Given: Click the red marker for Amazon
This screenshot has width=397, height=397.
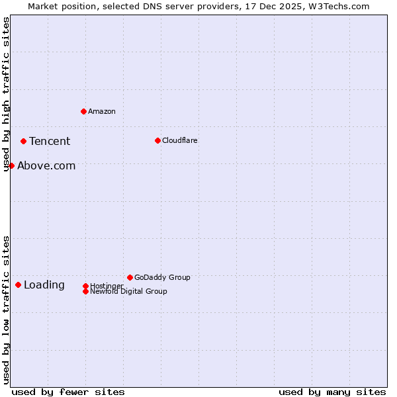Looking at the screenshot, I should pyautogui.click(x=83, y=111).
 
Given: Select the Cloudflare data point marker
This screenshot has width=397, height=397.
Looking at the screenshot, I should pyautogui.click(x=157, y=140).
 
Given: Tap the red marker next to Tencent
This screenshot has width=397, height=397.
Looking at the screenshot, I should pyautogui.click(x=23, y=141).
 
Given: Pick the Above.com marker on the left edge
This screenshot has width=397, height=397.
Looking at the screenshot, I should pyautogui.click(x=11, y=165).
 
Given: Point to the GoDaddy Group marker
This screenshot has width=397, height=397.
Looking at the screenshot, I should pyautogui.click(x=130, y=277).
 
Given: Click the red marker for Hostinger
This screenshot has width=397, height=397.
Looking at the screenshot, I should pyautogui.click(x=85, y=286).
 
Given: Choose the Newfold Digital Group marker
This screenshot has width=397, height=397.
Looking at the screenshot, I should pyautogui.click(x=85, y=291).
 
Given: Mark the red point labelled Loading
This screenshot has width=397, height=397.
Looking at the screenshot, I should pyautogui.click(x=18, y=285).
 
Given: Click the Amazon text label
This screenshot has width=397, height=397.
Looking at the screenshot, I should pyautogui.click(x=101, y=111).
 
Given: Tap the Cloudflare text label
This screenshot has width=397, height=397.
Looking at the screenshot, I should pyautogui.click(x=179, y=140).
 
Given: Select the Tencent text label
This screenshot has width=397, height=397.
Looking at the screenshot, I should pyautogui.click(x=50, y=141).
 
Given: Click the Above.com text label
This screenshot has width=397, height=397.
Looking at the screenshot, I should pyautogui.click(x=46, y=166).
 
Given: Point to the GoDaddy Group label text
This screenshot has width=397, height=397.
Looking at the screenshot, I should pyautogui.click(x=162, y=277).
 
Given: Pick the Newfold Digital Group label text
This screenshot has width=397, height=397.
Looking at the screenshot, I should pyautogui.click(x=128, y=291).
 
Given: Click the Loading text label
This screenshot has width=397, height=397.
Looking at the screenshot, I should pyautogui.click(x=44, y=285).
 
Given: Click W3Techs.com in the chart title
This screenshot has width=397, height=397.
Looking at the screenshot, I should pyautogui.click(x=337, y=6).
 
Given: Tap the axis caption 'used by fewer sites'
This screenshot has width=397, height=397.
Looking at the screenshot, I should pyautogui.click(x=68, y=392).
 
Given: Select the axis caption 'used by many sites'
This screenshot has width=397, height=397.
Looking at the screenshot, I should pyautogui.click(x=332, y=392).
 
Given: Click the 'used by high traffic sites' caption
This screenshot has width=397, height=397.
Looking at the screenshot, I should pyautogui.click(x=7, y=95).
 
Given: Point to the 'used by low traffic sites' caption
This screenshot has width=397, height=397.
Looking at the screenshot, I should pyautogui.click(x=7, y=310).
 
